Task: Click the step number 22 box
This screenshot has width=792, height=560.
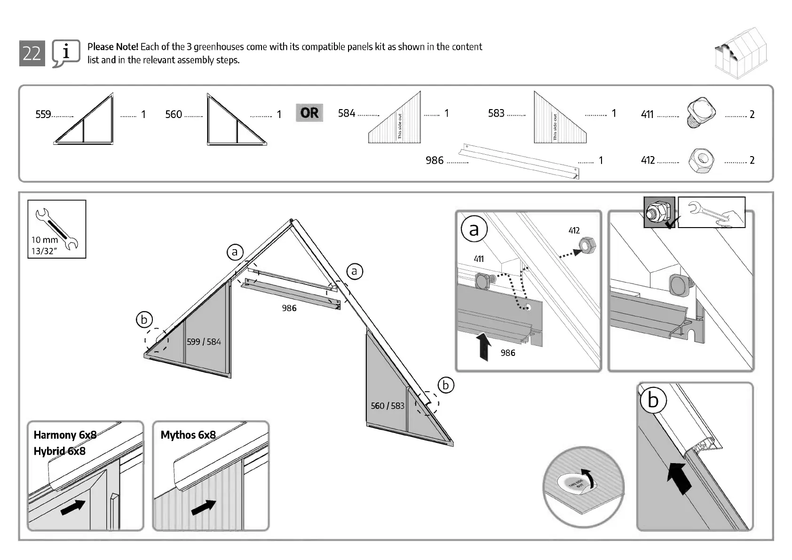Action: point(32,53)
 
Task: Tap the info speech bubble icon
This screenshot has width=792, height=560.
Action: point(65,53)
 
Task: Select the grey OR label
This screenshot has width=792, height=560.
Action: point(309,113)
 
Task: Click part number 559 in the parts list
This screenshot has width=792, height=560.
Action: point(43,114)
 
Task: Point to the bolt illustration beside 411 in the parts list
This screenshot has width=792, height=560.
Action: point(701,113)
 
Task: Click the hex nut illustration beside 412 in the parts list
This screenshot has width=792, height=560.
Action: point(701,160)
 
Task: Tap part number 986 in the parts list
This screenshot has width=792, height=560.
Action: point(434,160)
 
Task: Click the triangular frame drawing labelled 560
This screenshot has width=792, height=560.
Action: point(235,121)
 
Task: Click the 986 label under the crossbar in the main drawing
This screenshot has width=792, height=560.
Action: point(289,308)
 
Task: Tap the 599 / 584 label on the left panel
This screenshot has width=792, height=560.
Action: point(204,342)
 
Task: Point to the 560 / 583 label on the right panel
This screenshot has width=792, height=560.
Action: point(387,406)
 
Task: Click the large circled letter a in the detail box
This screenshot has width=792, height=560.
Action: point(474,229)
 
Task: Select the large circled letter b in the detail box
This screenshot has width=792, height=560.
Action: point(653,401)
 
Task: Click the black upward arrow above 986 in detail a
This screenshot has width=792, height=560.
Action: point(483,346)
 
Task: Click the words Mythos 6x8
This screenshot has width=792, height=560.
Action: point(188,435)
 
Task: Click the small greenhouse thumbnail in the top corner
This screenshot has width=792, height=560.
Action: point(740,52)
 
